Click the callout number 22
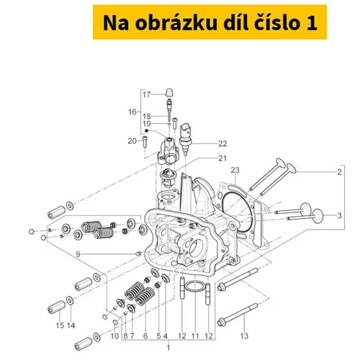coord(222,143)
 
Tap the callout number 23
coord(235,170)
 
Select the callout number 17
coord(146,94)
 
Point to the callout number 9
coord(78,254)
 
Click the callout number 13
coord(244,336)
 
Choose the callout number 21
coord(222,158)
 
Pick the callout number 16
coord(132,112)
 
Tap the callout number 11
coord(195,336)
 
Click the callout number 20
coord(132,141)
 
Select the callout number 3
coord(339,215)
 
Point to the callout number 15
coord(60,325)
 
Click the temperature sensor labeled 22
coord(186,138)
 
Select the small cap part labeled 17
coord(170,93)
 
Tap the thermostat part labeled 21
coord(168,178)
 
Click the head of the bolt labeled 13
coord(221,322)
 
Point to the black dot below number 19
coord(147,130)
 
